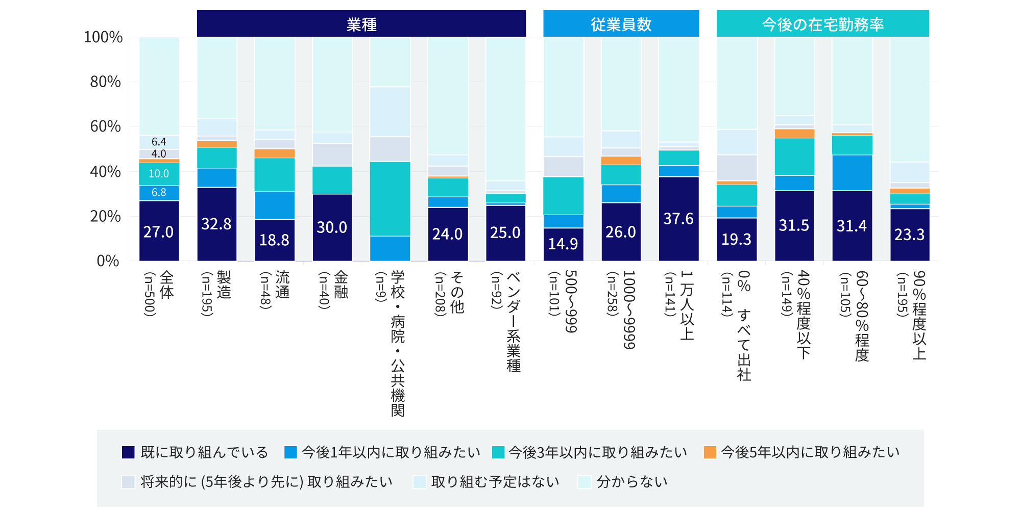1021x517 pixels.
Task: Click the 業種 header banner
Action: [361, 24]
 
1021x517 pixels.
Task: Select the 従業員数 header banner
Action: [621, 24]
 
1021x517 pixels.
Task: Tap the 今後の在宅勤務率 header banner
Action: [822, 24]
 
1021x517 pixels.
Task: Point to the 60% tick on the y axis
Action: [106, 126]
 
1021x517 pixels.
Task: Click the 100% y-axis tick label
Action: [103, 37]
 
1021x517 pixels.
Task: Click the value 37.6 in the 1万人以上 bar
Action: [678, 219]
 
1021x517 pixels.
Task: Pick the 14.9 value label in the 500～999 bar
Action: [563, 244]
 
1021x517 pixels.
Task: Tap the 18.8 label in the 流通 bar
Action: [274, 240]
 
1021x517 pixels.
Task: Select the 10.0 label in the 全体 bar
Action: [159, 174]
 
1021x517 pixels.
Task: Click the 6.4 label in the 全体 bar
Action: [159, 142]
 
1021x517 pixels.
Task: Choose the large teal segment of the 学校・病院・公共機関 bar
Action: [390, 198]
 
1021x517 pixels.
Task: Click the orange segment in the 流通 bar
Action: [275, 153]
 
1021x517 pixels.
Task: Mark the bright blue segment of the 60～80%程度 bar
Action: [852, 172]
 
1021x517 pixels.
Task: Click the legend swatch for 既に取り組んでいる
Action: [128, 452]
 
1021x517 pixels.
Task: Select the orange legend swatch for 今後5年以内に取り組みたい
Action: [710, 452]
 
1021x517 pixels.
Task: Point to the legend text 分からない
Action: [632, 482]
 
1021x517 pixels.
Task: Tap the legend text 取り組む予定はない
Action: [495, 482]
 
